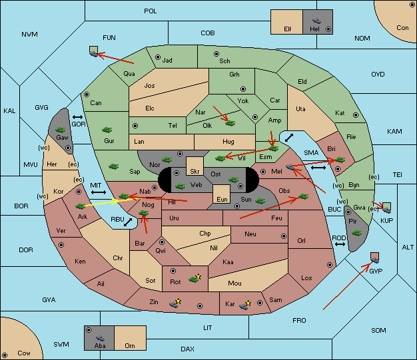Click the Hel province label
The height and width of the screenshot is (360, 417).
(x=314, y=29)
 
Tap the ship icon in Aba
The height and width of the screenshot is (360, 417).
(x=100, y=338)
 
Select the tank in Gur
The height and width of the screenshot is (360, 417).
(x=107, y=130)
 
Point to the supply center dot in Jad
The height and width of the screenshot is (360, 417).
(x=158, y=57)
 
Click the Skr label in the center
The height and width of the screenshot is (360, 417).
(x=195, y=172)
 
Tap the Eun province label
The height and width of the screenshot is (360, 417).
(x=222, y=199)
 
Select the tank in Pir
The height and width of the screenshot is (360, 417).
(x=357, y=233)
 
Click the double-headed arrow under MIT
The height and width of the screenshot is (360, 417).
(x=99, y=192)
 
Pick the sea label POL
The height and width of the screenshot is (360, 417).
(x=151, y=11)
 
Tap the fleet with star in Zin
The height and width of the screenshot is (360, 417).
(x=175, y=303)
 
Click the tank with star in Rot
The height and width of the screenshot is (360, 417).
(x=195, y=278)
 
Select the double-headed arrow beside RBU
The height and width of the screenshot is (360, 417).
(x=128, y=222)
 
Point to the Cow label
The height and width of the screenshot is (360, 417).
(x=24, y=353)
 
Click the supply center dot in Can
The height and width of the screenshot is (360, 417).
(x=87, y=94)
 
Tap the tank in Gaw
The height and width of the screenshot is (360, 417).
(x=61, y=130)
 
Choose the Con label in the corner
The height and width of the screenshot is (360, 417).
(x=402, y=28)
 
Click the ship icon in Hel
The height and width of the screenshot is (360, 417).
(x=316, y=21)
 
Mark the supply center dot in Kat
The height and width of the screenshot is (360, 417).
(x=356, y=115)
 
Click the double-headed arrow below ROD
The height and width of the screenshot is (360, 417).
(x=340, y=244)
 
